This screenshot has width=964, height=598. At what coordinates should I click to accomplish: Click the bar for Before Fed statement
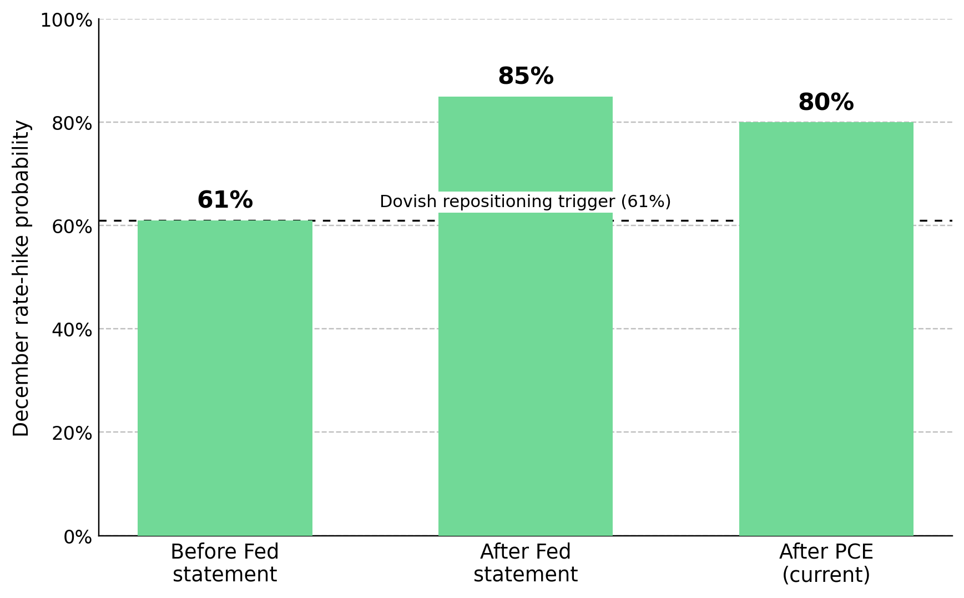(x=225, y=378)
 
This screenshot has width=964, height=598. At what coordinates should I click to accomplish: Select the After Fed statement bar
(x=526, y=316)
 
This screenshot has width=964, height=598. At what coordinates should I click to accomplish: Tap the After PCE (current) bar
(x=826, y=329)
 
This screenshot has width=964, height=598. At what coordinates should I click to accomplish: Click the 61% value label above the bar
(x=225, y=200)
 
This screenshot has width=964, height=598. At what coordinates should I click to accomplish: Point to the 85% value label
(x=526, y=76)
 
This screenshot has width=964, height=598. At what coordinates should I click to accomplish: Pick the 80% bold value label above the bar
(x=826, y=102)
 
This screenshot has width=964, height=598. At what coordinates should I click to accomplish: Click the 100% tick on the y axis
(x=66, y=21)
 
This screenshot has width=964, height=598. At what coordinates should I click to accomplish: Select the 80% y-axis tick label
(x=72, y=123)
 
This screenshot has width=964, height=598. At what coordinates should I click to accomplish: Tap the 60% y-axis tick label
(x=72, y=227)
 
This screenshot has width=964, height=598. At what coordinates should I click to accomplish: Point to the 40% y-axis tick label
(x=72, y=330)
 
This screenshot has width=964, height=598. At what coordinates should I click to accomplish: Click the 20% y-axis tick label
(x=72, y=433)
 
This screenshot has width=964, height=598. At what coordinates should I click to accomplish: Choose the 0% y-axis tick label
(x=78, y=537)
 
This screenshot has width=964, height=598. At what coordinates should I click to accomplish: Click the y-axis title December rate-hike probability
(x=22, y=278)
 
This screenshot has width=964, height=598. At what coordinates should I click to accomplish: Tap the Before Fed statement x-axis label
(x=225, y=563)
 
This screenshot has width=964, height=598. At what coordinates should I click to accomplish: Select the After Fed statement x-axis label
(x=526, y=563)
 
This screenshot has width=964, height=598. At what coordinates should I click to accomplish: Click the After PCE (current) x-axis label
(x=826, y=563)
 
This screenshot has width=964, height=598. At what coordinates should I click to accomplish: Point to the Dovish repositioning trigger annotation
(x=526, y=202)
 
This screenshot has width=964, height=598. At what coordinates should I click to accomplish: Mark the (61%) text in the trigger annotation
(x=645, y=202)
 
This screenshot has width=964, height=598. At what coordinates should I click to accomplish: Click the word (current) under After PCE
(x=826, y=575)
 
